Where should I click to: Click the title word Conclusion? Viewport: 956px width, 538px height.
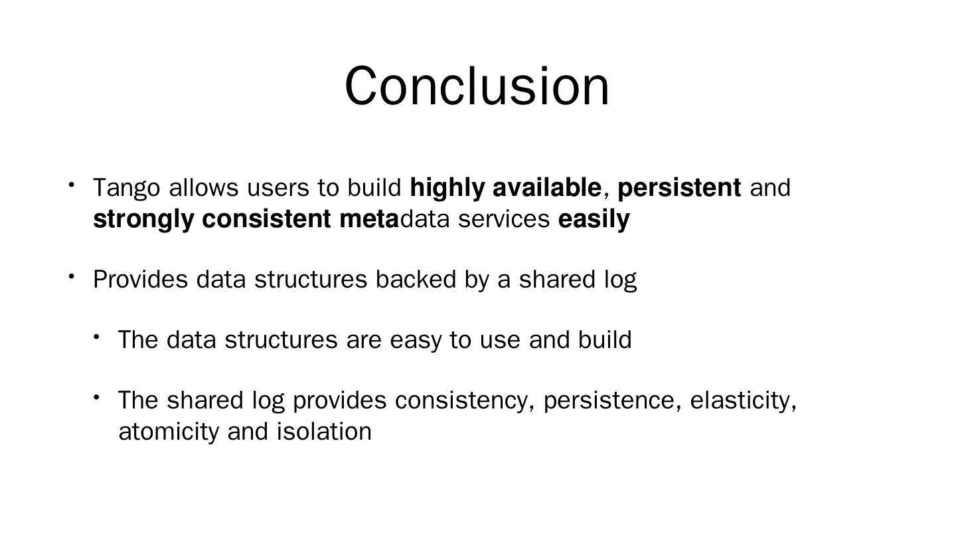point(477,86)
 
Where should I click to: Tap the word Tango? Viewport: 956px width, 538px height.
point(127,189)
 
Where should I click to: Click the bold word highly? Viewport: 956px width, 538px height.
point(447,189)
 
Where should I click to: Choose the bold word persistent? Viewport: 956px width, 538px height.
point(679,189)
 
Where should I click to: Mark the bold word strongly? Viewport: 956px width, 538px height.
point(143,220)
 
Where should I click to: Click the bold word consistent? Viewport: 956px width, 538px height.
point(266,219)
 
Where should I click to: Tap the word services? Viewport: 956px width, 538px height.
point(504,219)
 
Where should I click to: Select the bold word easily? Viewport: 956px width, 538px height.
point(594,220)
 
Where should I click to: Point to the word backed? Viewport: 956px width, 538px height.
point(416,279)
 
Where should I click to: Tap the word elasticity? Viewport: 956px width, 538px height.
point(743,401)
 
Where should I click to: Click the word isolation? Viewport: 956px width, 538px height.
point(325,431)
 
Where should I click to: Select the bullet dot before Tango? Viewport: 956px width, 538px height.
point(71,185)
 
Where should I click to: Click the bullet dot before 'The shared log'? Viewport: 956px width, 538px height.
point(96,398)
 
